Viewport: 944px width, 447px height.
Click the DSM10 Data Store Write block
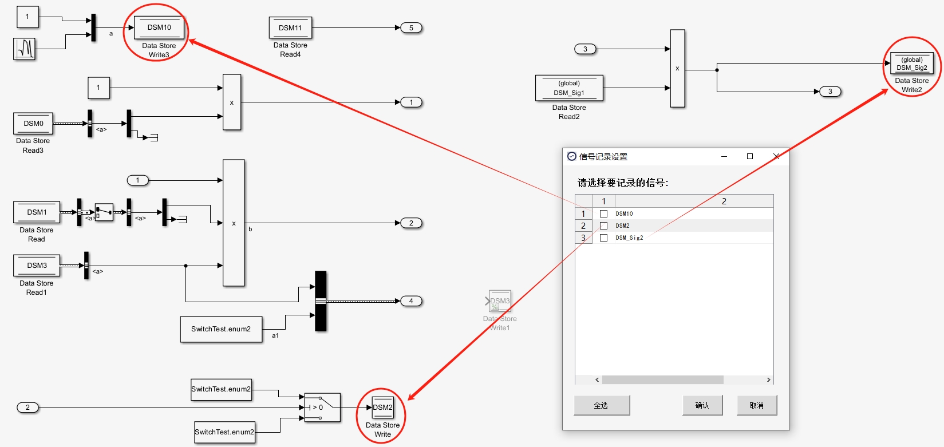click(x=159, y=27)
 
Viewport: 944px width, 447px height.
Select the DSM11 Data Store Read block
click(x=290, y=28)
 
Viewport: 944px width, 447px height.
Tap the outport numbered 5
click(x=411, y=27)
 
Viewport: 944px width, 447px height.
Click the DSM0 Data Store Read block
click(x=33, y=124)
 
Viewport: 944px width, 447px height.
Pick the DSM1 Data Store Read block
click(x=37, y=212)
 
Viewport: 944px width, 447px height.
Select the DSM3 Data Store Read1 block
click(x=37, y=266)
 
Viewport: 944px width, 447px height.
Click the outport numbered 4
click(x=411, y=301)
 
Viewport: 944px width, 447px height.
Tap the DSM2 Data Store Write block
click(x=383, y=408)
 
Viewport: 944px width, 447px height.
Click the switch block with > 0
click(x=322, y=408)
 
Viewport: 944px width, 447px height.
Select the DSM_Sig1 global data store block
click(x=569, y=88)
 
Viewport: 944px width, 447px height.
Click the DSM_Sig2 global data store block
click(x=912, y=64)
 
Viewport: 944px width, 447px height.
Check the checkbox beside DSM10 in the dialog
click(x=603, y=213)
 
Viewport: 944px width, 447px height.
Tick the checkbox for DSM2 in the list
click(x=603, y=226)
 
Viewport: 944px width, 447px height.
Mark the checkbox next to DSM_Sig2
click(x=603, y=238)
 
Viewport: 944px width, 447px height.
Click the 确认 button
click(x=702, y=405)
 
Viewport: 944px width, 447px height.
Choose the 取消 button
click(x=756, y=405)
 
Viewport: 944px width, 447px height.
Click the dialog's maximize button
click(x=750, y=156)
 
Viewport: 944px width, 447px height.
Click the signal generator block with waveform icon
click(x=24, y=49)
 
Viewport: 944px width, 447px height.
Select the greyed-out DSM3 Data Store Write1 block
click(x=499, y=301)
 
